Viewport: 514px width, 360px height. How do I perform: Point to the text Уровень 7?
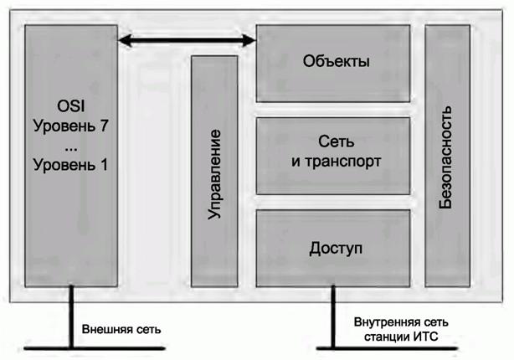click(x=70, y=127)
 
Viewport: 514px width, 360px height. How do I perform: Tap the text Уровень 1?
click(x=70, y=164)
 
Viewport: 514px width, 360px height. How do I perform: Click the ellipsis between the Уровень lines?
click(x=70, y=145)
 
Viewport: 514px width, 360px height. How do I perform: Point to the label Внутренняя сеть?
click(x=401, y=322)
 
